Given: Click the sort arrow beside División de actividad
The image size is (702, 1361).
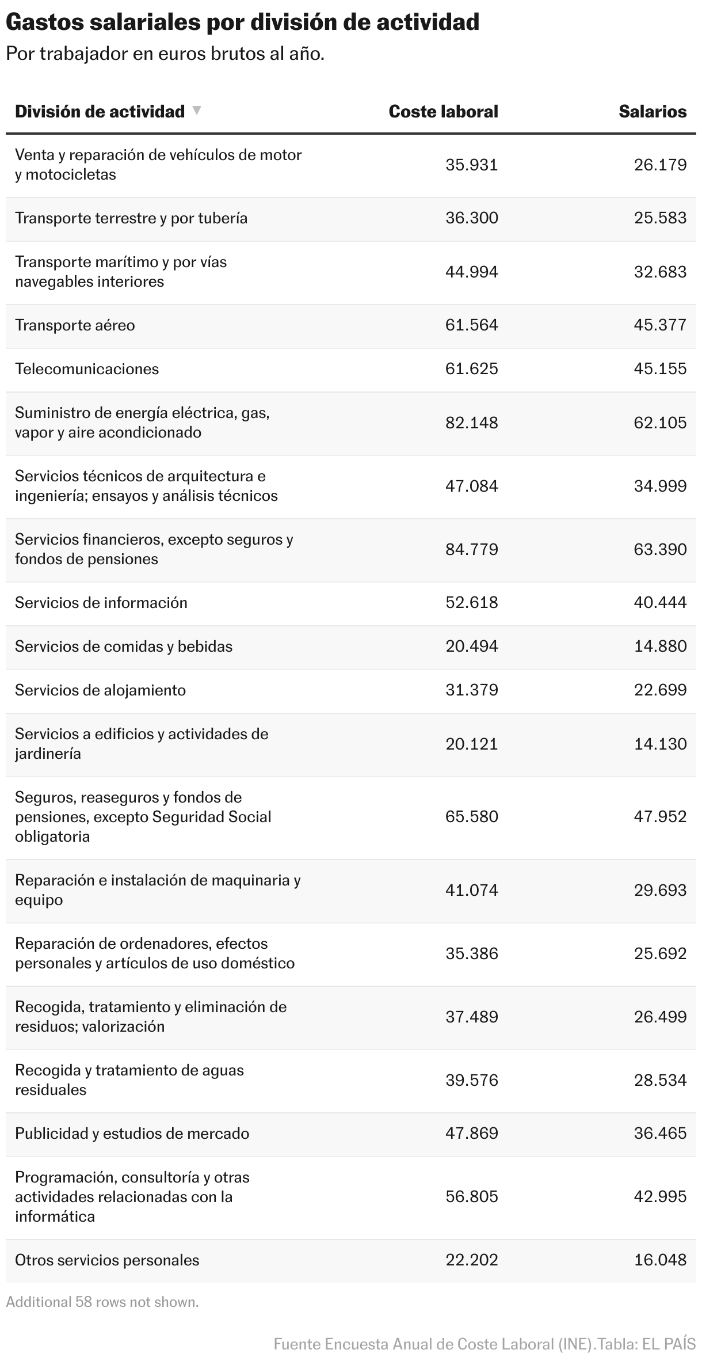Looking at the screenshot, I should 197,110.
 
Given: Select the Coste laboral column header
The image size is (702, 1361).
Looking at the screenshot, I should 443,112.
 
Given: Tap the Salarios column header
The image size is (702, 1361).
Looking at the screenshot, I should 653,112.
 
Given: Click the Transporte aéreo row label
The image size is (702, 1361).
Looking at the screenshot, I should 75,325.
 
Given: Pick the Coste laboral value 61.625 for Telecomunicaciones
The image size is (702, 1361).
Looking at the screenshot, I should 471,369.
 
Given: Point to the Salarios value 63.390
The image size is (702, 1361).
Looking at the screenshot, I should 660,549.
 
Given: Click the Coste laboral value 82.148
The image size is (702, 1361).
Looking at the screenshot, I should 471,423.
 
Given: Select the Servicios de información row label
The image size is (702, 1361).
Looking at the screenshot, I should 101,603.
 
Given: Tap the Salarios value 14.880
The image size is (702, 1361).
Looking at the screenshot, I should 660,647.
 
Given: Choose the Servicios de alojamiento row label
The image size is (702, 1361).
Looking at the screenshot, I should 100,690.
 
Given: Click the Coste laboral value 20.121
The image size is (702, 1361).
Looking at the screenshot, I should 471,744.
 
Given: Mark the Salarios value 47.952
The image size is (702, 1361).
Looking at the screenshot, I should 660,817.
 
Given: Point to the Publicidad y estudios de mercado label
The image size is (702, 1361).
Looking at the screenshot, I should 132,1134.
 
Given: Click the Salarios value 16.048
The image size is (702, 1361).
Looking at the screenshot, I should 660,1260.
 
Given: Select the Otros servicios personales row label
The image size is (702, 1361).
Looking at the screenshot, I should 107,1260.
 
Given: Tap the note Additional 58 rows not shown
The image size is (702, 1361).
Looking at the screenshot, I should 102,1302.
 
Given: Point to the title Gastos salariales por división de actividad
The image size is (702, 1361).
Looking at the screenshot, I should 242,22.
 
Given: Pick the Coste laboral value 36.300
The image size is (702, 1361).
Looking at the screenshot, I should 471,218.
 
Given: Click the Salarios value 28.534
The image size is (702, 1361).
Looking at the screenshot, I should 660,1080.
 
